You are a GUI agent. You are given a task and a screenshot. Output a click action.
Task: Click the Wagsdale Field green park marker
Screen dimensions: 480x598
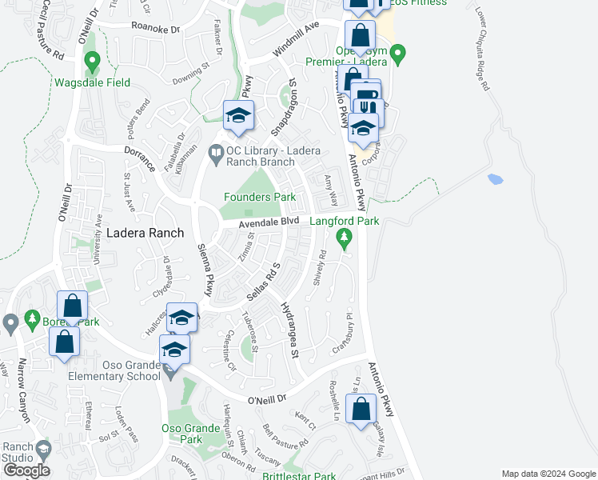[x=92, y=60]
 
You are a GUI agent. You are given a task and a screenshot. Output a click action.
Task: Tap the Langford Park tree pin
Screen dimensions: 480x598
[x=345, y=237]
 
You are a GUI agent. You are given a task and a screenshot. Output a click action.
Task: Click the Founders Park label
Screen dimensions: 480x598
[x=259, y=197]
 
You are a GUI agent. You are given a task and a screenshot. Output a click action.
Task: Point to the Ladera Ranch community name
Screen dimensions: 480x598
[x=146, y=233]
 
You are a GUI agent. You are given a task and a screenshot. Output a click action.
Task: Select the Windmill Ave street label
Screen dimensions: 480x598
[x=295, y=38]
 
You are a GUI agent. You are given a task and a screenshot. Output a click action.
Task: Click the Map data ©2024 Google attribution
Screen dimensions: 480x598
[x=548, y=474]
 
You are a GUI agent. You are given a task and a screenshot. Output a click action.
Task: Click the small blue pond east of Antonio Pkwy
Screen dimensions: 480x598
[x=493, y=178]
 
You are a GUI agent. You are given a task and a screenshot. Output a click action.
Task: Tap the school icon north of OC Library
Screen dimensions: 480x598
[x=238, y=116]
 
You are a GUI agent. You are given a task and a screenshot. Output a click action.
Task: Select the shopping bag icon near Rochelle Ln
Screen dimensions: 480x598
[x=361, y=408]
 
